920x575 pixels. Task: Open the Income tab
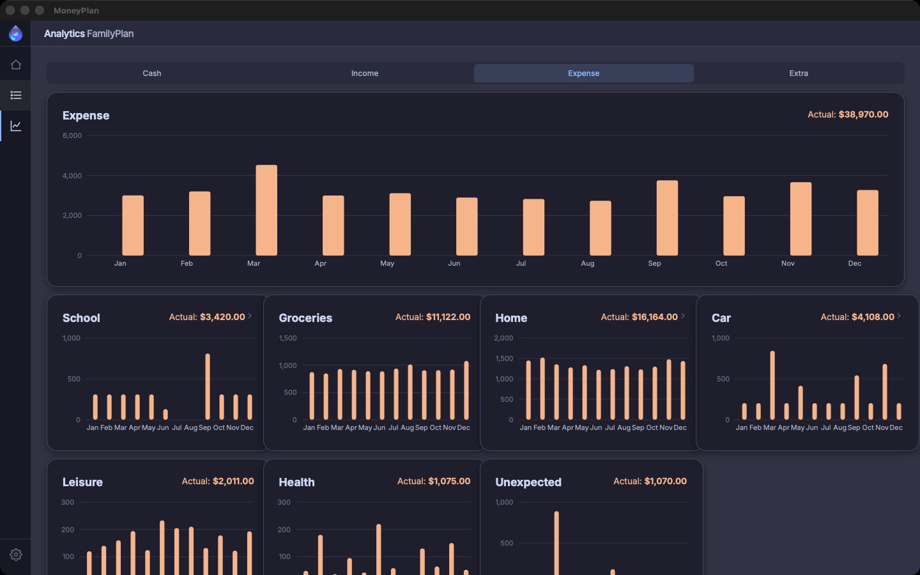click(364, 73)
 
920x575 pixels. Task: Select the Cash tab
click(152, 73)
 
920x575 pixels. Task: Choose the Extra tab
click(799, 73)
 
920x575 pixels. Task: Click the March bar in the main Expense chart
click(266, 210)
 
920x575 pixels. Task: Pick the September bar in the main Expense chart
click(667, 218)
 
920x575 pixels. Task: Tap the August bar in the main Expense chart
click(600, 228)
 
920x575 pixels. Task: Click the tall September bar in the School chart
click(208, 387)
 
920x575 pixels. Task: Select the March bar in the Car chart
click(772, 385)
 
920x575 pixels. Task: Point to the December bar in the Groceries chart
click(466, 390)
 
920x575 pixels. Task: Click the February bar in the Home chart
click(542, 388)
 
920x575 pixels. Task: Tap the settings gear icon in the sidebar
click(15, 555)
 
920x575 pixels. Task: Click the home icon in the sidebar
click(15, 65)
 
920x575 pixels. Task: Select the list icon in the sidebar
click(15, 95)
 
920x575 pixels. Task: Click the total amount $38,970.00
click(863, 114)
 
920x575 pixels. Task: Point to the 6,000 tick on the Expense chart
click(72, 135)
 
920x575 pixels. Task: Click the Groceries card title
click(305, 318)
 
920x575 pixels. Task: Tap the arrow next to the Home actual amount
click(683, 316)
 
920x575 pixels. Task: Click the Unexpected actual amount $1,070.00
click(665, 481)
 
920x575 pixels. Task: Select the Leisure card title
click(82, 482)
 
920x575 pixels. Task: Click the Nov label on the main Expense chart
click(788, 263)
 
